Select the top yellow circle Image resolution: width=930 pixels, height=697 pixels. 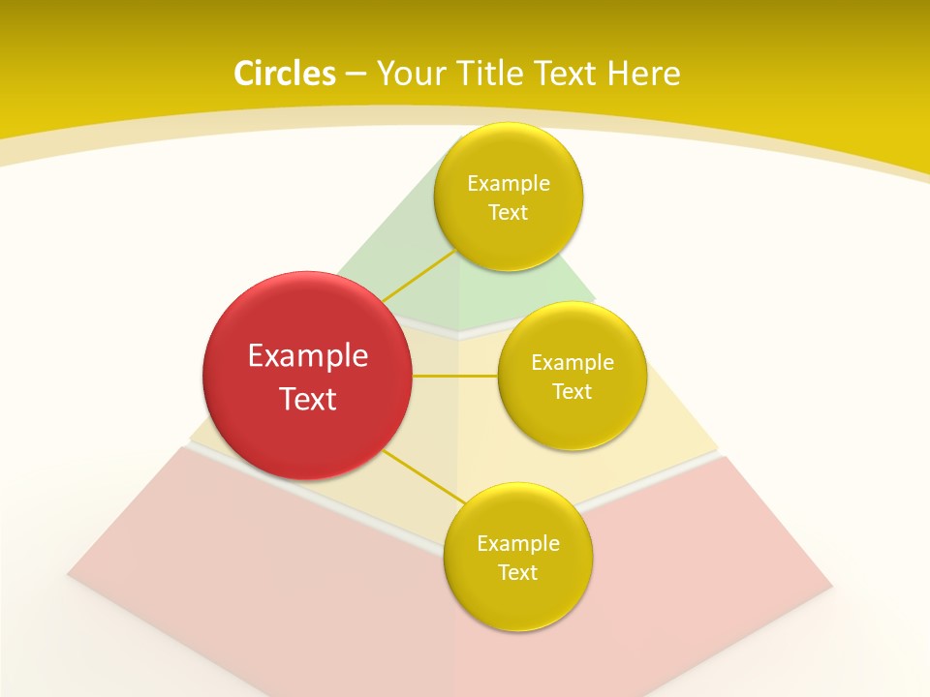tap(508, 197)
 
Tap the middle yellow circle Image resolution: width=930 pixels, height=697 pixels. tap(572, 376)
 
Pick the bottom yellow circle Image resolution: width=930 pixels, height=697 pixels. tap(517, 558)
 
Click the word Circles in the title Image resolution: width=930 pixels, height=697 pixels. tap(284, 74)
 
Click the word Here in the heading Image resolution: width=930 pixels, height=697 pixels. tap(643, 74)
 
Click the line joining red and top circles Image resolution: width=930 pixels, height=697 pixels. tap(418, 276)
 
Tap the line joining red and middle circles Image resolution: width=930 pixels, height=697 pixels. tap(454, 376)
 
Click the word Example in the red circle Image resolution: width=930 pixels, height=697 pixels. tap(307, 356)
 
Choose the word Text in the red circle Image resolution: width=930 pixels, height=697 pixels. tap(307, 399)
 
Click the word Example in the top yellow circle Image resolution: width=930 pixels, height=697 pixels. tap(508, 184)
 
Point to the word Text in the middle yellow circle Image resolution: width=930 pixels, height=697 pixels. tap(572, 392)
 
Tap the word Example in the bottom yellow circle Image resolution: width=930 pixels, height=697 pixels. tap(517, 544)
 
